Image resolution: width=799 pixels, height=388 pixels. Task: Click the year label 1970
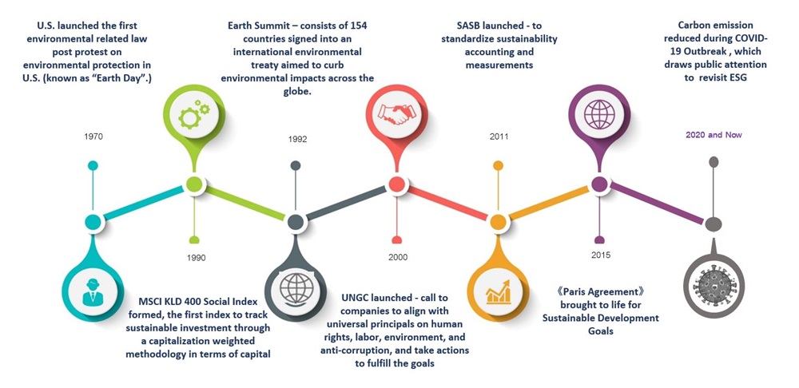tap(93, 137)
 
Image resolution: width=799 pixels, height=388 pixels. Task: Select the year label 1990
tap(197, 258)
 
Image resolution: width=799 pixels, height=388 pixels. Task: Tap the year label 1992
tap(297, 139)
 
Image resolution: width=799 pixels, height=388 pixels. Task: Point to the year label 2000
tap(398, 257)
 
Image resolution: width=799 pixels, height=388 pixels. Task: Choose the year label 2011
tap(499, 137)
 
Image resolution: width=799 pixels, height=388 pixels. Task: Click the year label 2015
tap(601, 255)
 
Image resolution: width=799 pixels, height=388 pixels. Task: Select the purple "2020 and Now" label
tap(714, 135)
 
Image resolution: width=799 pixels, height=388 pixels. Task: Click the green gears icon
tap(194, 115)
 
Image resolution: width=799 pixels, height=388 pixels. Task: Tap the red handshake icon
tap(396, 114)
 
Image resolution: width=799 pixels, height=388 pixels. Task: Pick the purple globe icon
tap(599, 114)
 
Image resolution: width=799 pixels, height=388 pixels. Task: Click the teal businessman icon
tap(92, 291)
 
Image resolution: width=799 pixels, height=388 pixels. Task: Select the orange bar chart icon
tap(499, 291)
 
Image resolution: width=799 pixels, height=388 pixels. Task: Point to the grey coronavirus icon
tap(714, 285)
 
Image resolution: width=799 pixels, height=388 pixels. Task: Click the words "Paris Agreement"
tap(600, 292)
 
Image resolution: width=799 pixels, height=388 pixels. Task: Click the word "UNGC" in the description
tap(353, 298)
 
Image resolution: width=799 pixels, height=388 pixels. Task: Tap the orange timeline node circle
tap(498, 222)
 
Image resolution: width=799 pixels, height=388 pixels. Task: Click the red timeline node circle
tap(396, 184)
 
